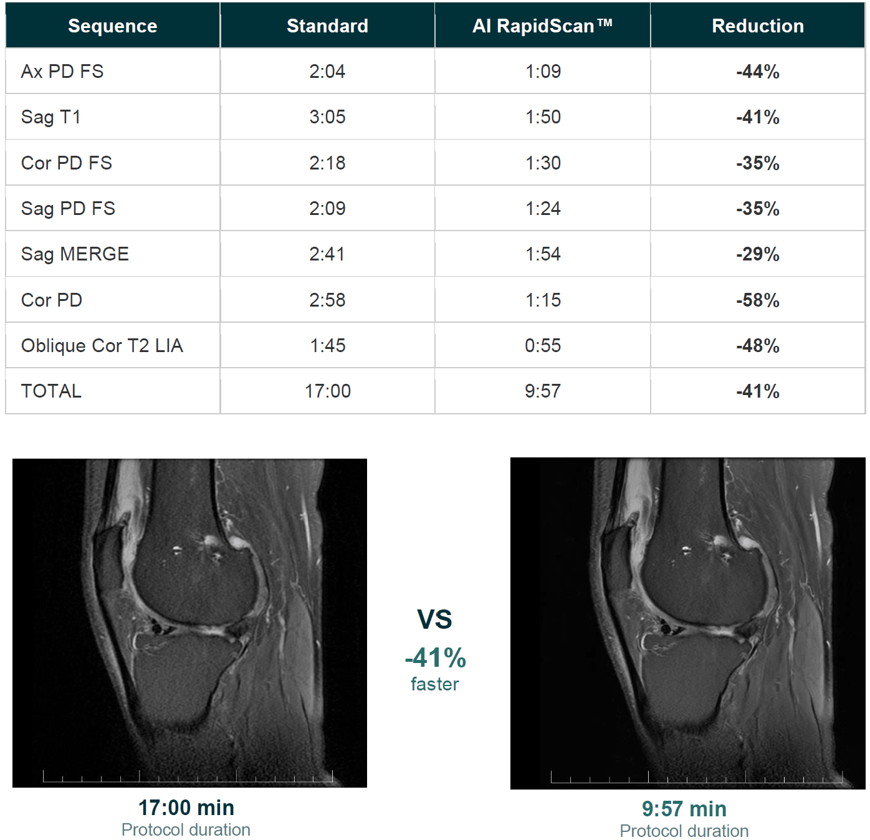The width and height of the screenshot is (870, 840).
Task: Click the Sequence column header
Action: (113, 26)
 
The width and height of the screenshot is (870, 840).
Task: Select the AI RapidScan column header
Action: (542, 26)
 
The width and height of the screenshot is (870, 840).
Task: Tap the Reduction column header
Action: (758, 26)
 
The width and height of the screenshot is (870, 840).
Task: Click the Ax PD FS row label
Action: (62, 72)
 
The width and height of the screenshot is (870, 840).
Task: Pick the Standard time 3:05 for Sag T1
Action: (327, 117)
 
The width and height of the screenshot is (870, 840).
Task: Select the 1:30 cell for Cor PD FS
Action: (543, 163)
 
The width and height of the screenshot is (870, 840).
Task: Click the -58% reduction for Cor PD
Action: (758, 300)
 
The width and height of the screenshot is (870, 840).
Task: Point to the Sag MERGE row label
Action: (75, 254)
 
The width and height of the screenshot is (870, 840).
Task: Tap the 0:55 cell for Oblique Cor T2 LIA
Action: (543, 346)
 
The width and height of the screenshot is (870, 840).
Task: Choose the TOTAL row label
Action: (51, 391)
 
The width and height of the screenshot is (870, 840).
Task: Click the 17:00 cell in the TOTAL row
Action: (328, 391)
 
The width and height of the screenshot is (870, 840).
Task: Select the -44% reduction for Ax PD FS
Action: (758, 72)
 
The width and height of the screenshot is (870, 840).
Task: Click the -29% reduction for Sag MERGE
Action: (758, 254)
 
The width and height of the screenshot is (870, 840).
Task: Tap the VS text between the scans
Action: (434, 619)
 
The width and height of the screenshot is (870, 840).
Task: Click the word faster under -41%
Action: (434, 684)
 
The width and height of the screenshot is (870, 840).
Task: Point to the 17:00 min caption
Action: (186, 808)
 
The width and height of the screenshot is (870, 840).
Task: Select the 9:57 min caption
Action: (684, 809)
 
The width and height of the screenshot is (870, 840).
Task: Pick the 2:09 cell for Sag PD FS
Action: (327, 209)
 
